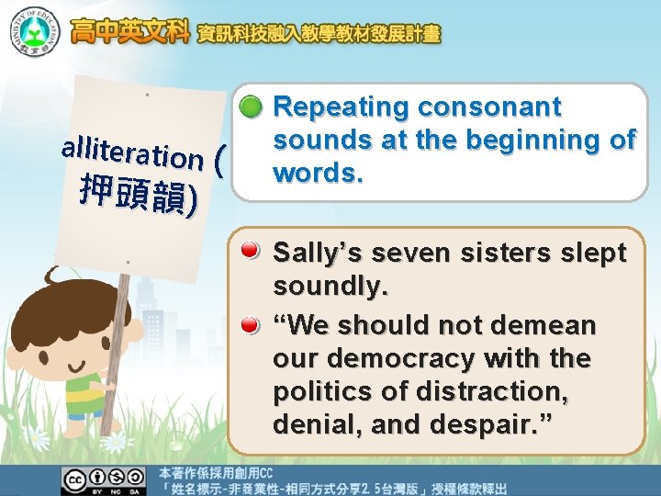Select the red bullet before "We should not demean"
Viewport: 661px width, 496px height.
pos(250,325)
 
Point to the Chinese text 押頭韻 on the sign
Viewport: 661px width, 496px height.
pos(138,195)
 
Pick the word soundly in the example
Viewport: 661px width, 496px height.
pos(330,287)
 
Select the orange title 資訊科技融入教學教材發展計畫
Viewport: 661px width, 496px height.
pos(319,35)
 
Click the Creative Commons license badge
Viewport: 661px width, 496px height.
pos(104,479)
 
